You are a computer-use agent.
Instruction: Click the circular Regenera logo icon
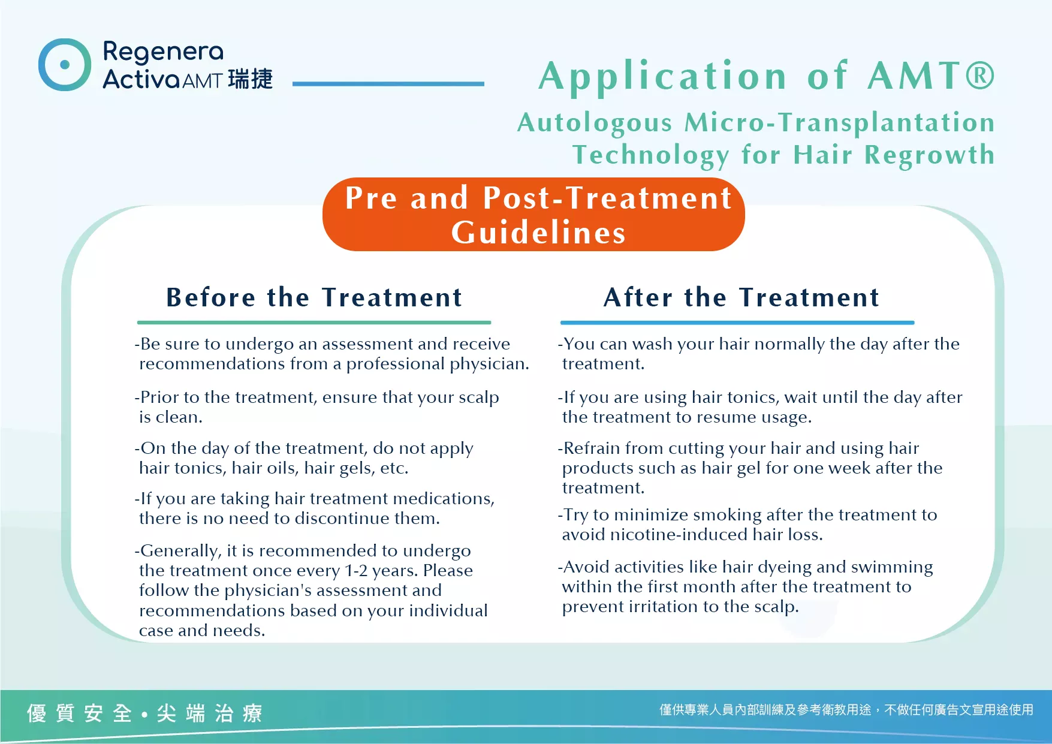65,65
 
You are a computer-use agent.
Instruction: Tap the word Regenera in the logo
163,53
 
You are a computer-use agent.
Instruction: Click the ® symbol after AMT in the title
979,76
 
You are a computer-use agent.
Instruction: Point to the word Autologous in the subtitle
595,124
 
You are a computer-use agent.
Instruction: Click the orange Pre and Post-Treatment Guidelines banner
533,215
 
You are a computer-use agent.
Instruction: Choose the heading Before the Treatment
314,297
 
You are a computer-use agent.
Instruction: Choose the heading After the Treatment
741,297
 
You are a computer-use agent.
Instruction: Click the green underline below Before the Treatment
314,323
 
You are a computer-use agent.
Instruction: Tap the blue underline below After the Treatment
737,323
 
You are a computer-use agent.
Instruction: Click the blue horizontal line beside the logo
388,84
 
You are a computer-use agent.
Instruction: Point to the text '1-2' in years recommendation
356,571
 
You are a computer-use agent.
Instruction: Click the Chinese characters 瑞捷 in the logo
251,79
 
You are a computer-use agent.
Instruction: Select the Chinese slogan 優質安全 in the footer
79,713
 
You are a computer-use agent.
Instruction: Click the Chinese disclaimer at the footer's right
846,710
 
